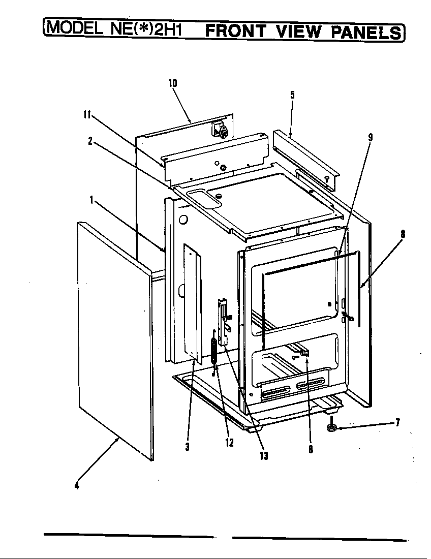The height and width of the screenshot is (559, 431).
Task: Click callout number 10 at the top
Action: pos(173,83)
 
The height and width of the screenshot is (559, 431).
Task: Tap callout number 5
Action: pos(292,95)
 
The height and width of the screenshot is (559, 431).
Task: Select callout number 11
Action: pos(87,115)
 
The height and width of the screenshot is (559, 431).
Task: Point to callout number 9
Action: pos(370,137)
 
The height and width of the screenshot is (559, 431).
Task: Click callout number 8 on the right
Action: pos(403,234)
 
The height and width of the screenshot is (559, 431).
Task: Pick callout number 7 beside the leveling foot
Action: pos(397,421)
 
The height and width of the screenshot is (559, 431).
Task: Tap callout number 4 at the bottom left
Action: pos(77,484)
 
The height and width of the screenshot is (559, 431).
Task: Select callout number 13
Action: pos(264,456)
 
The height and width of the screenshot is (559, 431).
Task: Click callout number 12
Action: pos(229,443)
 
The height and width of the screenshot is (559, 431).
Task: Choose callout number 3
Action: pos(188,446)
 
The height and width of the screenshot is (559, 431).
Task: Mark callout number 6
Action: pos(311,449)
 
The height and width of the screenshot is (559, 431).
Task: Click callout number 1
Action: pos(92,200)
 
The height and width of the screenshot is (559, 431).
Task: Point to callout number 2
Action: pos(90,142)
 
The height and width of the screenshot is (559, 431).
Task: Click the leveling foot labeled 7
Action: pos(332,427)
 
